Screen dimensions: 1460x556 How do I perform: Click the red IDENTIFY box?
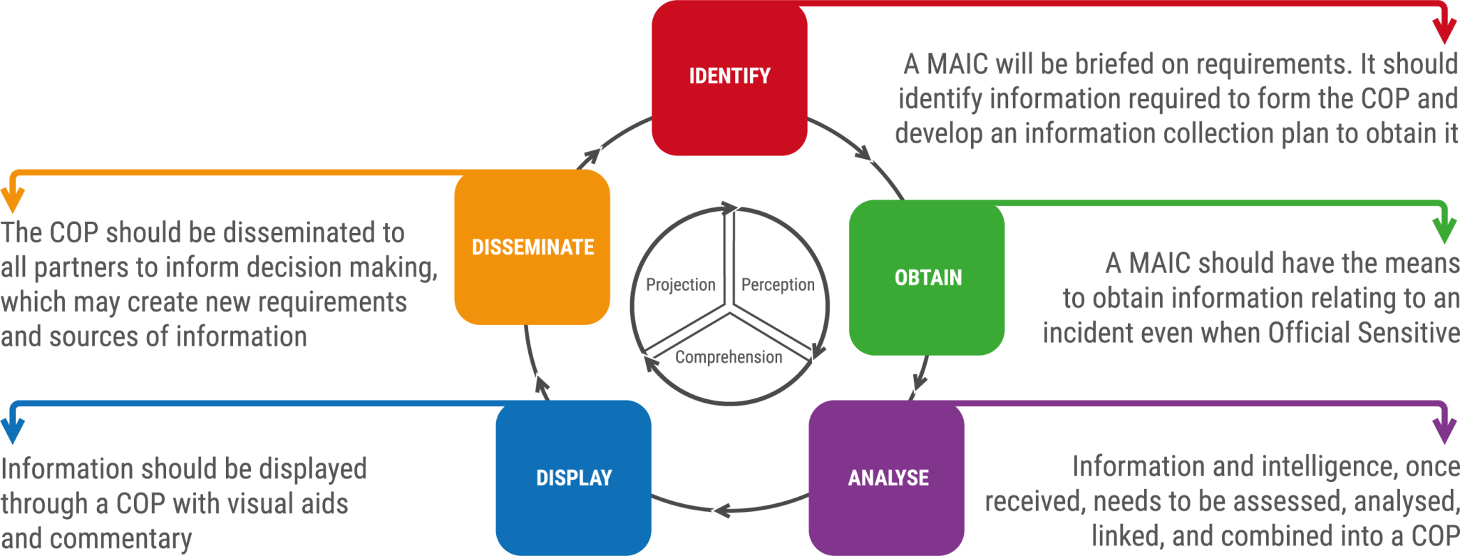tap(729, 78)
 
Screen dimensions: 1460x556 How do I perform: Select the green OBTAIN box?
tap(927, 277)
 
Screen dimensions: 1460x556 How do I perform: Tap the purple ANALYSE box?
tap(887, 478)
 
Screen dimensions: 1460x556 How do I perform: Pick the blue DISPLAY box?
tap(574, 478)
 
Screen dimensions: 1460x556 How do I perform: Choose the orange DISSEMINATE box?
tap(533, 247)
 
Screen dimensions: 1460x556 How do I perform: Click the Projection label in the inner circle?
tap(681, 285)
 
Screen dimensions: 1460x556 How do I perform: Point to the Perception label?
tap(778, 285)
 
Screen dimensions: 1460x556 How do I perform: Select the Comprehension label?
tap(729, 357)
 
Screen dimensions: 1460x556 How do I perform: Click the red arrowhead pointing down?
tap(1444, 31)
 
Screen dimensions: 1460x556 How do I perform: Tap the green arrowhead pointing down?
tap(1444, 231)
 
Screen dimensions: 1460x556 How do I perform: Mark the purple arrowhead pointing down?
tap(1444, 431)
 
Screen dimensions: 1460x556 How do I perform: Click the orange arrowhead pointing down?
tap(13, 200)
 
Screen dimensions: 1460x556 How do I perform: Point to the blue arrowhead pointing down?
tap(13, 431)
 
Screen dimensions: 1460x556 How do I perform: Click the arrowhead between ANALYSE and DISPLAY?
tap(721, 510)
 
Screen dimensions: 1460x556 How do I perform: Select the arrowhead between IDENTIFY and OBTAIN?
tap(864, 153)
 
